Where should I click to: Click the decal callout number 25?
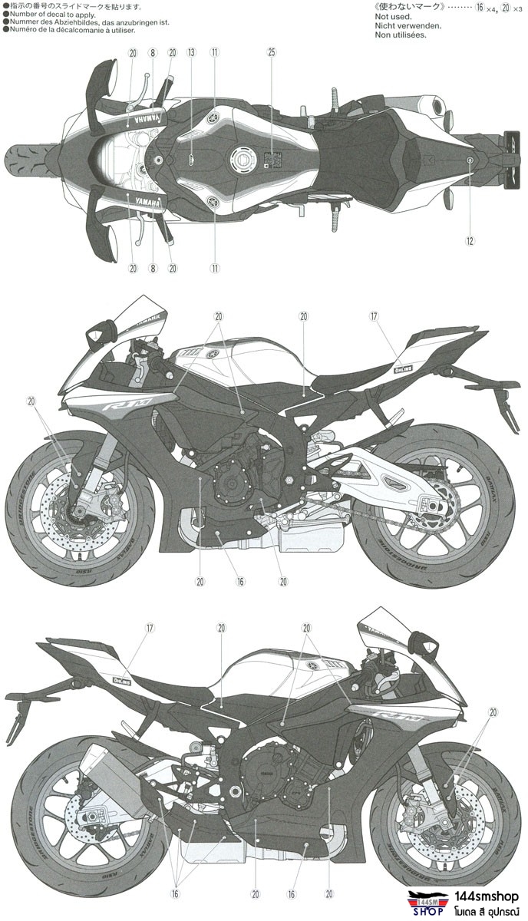[271, 52]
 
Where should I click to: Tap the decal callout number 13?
[191, 52]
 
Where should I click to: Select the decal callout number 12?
[470, 240]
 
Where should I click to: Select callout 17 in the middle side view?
[374, 315]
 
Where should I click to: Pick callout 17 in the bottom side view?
[150, 628]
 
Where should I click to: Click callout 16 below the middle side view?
[240, 581]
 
